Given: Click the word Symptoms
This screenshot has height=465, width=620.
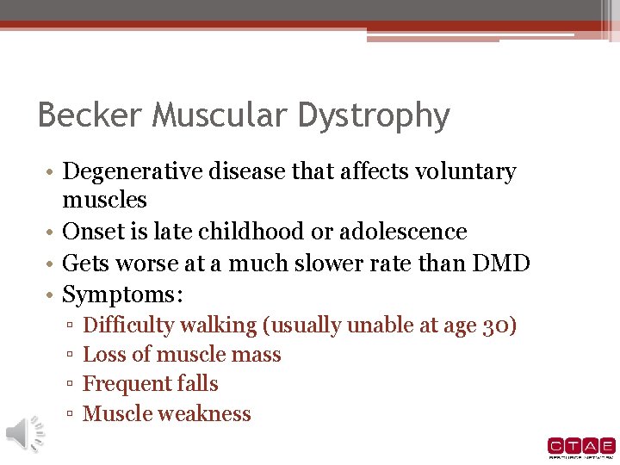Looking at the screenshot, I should [x=121, y=295].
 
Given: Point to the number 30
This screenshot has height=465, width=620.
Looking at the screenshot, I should [x=499, y=325].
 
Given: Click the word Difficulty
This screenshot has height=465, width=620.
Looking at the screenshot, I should [x=127, y=325].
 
